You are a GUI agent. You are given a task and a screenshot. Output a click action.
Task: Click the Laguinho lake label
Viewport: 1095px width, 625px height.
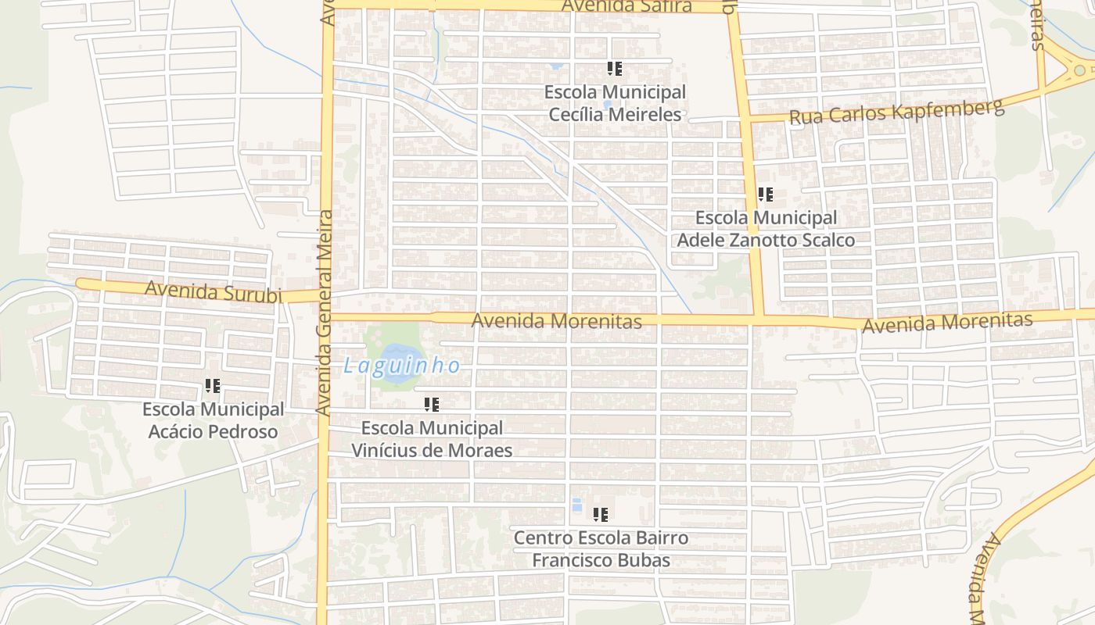click(x=402, y=365)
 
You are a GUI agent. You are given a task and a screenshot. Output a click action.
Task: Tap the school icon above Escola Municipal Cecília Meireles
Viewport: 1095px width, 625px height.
click(x=615, y=69)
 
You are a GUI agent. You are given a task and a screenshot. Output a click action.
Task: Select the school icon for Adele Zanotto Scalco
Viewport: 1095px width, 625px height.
click(x=765, y=195)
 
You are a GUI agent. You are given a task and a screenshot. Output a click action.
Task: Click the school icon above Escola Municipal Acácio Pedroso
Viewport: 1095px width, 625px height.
click(x=212, y=386)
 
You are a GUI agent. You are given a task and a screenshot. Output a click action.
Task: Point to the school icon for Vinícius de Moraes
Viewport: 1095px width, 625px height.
click(x=431, y=405)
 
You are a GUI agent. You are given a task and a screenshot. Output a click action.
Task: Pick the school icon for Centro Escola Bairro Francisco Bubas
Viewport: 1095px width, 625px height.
click(x=601, y=515)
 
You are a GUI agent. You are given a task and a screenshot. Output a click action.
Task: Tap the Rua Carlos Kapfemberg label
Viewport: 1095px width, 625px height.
click(x=896, y=112)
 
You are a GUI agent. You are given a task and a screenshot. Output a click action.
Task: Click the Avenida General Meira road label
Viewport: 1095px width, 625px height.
click(x=324, y=312)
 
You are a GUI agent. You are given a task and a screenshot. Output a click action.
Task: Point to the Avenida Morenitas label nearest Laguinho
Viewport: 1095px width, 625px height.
click(x=556, y=320)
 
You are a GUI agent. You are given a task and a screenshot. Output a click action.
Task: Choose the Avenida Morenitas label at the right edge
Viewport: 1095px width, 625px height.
click(x=946, y=322)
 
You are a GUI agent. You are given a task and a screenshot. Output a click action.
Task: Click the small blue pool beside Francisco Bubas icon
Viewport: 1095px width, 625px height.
click(x=577, y=505)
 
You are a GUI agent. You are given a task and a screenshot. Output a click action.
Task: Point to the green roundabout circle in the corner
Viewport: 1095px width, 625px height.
click(x=1079, y=70)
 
